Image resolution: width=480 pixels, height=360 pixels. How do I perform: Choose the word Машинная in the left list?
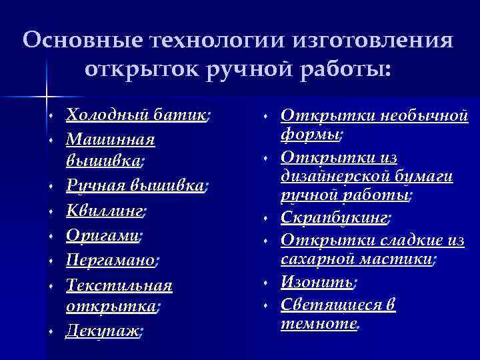(111, 140)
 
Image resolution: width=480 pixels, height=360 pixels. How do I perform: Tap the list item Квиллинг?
(105, 211)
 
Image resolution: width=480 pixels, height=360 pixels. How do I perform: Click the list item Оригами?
(103, 235)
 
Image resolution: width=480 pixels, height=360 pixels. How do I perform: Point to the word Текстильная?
(119, 285)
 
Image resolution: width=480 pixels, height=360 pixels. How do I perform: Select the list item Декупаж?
(103, 331)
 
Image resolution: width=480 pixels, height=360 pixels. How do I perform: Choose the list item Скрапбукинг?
(335, 217)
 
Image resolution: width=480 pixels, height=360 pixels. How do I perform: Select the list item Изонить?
(316, 283)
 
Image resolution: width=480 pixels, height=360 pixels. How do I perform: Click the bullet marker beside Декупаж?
(51, 332)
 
